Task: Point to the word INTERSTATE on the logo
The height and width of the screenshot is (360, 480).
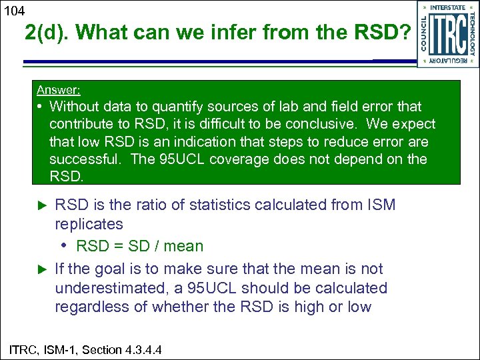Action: coord(447,7)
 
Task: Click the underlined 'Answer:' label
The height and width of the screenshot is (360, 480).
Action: coord(58,90)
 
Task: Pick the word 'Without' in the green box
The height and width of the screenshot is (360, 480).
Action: coord(75,107)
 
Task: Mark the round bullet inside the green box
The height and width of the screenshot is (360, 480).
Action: coord(41,107)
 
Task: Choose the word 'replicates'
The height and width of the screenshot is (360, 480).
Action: coord(89,224)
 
